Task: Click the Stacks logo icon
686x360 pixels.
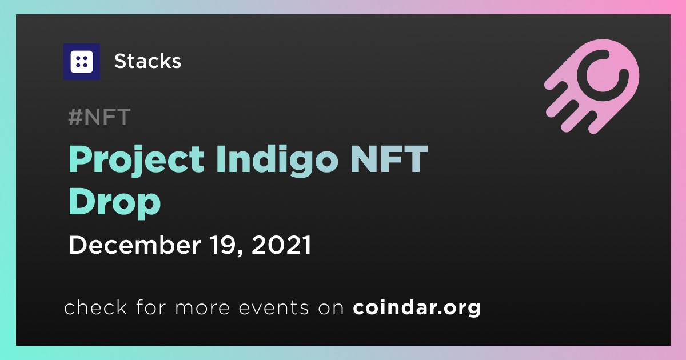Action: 81,62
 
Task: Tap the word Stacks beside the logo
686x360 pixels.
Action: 147,61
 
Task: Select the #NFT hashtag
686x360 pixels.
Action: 99,117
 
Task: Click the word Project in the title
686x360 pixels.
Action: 136,160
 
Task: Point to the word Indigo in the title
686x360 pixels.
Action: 277,160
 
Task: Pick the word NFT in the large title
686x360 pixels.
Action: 389,159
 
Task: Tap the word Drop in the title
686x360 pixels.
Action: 115,203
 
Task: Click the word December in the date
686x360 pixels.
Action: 135,245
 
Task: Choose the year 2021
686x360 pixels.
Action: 281,245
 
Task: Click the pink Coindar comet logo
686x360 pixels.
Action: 592,86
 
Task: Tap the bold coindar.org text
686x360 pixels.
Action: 417,308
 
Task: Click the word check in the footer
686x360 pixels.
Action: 95,307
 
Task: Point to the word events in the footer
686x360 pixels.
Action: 274,308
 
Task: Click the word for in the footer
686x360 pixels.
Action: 151,307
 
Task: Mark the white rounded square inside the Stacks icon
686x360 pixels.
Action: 81,62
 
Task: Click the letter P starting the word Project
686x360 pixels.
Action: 80,159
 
